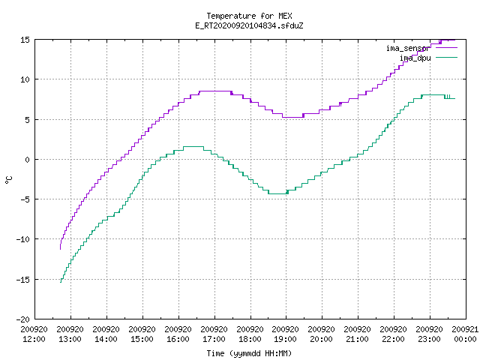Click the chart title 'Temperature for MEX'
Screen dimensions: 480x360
pos(249,16)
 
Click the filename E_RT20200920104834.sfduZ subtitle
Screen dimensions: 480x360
pos(249,25)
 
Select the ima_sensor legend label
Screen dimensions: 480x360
pos(408,48)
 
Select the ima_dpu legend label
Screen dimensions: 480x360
pos(415,58)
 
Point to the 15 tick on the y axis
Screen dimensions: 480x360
pos(25,40)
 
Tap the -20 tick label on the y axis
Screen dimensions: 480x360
pos(23,319)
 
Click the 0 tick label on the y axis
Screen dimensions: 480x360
pos(28,160)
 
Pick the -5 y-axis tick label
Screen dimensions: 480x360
pos(25,199)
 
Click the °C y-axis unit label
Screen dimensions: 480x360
pos(8,180)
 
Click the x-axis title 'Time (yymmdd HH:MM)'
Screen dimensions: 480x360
pos(249,353)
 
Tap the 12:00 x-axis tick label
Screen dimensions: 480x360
pos(34,339)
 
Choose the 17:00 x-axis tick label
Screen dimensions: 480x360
pos(214,339)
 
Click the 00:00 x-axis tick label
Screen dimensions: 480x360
pos(465,339)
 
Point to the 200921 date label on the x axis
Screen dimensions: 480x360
pos(465,329)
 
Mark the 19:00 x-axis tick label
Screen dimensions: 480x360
pos(285,339)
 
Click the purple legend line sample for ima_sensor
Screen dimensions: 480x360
pos(446,48)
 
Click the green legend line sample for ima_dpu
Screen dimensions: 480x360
pos(446,58)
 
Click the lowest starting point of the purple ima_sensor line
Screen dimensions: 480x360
pos(60,249)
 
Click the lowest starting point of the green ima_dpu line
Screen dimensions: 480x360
pos(61,282)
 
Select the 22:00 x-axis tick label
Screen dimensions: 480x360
pos(393,339)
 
